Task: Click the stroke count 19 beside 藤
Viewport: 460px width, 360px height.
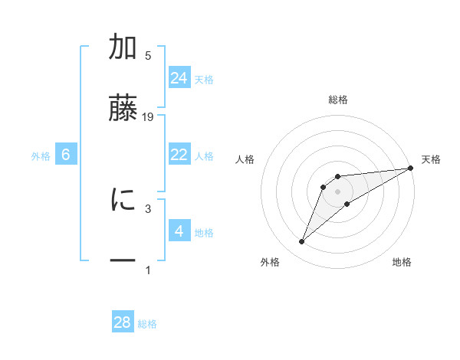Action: pyautogui.click(x=149, y=116)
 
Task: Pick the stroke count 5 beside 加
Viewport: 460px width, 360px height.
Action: pyautogui.click(x=148, y=56)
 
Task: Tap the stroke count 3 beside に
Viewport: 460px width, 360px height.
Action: pyautogui.click(x=148, y=208)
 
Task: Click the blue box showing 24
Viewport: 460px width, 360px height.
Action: pyautogui.click(x=179, y=78)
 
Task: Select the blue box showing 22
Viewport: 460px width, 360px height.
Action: pyautogui.click(x=179, y=155)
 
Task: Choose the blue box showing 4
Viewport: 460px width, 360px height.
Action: pyautogui.click(x=179, y=231)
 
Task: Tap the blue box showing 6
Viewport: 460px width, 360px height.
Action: pyautogui.click(x=66, y=155)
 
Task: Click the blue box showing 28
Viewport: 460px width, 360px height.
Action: pyautogui.click(x=123, y=322)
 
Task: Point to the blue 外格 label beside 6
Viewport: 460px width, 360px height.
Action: pyautogui.click(x=41, y=156)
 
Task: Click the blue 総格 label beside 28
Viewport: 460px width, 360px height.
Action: pyautogui.click(x=147, y=324)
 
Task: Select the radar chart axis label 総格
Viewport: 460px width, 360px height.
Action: pyautogui.click(x=338, y=100)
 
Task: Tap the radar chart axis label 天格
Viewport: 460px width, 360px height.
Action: pyautogui.click(x=431, y=159)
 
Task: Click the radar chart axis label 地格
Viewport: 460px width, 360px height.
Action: pyautogui.click(x=402, y=262)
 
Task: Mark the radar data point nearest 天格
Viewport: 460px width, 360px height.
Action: pyautogui.click(x=411, y=168)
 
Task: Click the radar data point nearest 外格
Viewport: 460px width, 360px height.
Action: pyautogui.click(x=301, y=242)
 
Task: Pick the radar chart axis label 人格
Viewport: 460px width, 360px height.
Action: pyautogui.click(x=245, y=159)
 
